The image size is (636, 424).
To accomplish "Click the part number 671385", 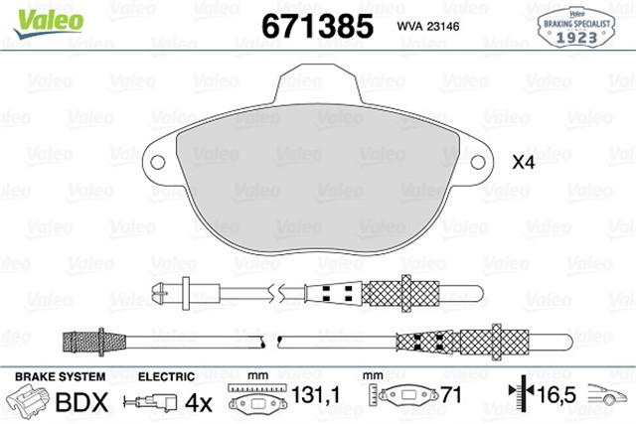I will click(317, 24).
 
